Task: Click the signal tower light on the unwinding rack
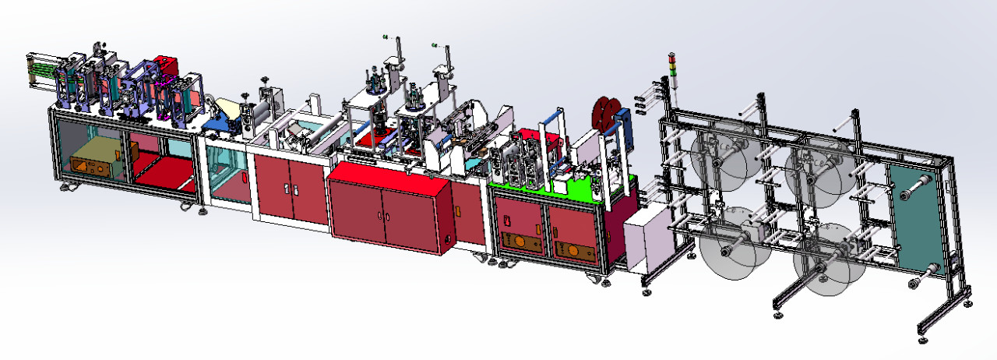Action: (673, 67)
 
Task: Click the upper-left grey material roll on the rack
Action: (718, 160)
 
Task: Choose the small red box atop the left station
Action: (164, 65)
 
